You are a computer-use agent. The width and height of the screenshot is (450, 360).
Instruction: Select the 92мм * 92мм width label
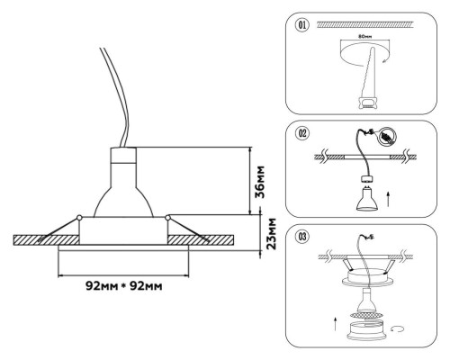click(123, 287)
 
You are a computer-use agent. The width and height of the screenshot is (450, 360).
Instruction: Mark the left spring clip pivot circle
click(80, 218)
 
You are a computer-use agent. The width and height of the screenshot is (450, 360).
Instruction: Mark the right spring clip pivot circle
click(167, 217)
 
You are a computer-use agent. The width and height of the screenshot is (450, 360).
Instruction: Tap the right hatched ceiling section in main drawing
click(207, 241)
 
